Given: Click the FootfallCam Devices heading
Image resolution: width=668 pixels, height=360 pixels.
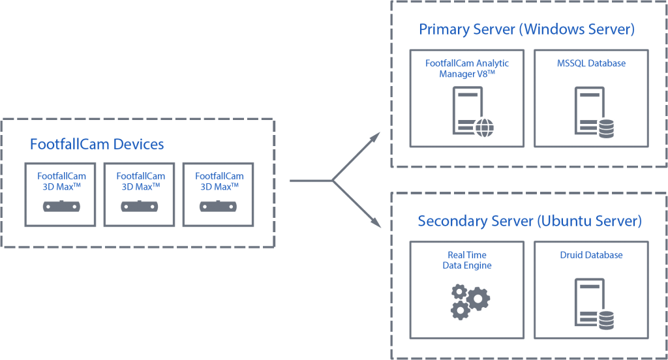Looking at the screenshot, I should (x=97, y=144).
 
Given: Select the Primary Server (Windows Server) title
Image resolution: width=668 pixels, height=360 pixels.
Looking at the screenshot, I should (x=526, y=30).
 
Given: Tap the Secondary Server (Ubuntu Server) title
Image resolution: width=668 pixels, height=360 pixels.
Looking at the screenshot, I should (x=529, y=222).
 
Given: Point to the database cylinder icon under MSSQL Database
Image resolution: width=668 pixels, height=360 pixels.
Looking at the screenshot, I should (x=606, y=128).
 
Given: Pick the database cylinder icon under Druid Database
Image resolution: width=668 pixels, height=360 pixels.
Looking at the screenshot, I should (x=606, y=320).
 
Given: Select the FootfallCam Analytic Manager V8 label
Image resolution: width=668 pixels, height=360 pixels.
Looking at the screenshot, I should (x=466, y=68).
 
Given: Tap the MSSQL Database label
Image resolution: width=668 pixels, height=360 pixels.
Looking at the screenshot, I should (x=591, y=63).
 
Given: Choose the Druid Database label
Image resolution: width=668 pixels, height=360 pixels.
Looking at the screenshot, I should (x=591, y=255).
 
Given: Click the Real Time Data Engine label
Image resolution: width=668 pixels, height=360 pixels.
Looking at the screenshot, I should (x=466, y=260).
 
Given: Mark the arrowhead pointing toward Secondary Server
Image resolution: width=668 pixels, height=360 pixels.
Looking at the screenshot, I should (x=375, y=224).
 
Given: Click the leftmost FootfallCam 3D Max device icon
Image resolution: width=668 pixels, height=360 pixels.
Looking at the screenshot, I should (x=61, y=207).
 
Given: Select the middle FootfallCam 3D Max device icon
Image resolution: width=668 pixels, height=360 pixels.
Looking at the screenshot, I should (x=140, y=207).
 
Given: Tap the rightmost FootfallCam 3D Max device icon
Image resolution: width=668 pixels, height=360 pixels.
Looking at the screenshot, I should (x=219, y=207).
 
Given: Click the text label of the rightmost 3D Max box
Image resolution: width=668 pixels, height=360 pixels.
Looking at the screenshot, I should (x=219, y=181).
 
